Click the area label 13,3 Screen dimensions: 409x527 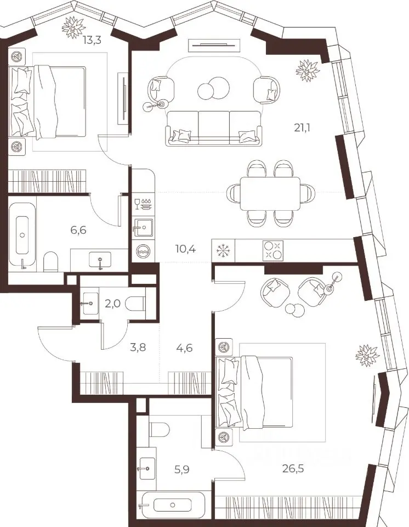click(92, 41)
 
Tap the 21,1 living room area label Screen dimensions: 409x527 click(302, 128)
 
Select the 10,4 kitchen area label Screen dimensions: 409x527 click(185, 249)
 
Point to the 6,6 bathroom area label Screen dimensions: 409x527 click(78, 230)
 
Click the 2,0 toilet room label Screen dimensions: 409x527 click(112, 304)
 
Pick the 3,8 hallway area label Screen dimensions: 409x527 click(138, 347)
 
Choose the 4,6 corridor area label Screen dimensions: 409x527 click(184, 347)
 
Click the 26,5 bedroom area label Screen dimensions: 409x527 click(293, 468)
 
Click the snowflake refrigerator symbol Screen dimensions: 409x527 click(222, 250)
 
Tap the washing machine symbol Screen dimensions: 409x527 click(144, 251)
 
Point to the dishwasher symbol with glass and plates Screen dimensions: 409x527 click(144, 204)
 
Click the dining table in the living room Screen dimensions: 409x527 click(270, 194)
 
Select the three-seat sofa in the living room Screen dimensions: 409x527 click(213, 128)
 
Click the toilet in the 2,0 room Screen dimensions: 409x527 click(135, 304)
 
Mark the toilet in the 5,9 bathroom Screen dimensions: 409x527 click(159, 429)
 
